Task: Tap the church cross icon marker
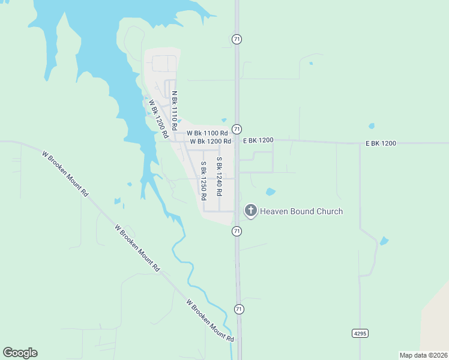pos(250,211)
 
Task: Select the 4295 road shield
pos(360,332)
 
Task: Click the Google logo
pos(20,353)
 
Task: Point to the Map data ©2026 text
pos(423,355)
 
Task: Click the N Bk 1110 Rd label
pos(175,111)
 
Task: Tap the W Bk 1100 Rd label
pos(207,133)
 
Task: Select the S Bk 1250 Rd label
pos(204,180)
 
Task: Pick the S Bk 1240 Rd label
pos(220,177)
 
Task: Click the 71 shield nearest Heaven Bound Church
pos(237,231)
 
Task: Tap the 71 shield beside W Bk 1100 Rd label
pos(237,129)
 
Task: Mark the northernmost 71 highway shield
pos(237,39)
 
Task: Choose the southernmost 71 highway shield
pos(239,309)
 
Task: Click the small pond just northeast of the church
pos(270,192)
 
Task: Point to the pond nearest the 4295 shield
pos(384,241)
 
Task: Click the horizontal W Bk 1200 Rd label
pos(210,142)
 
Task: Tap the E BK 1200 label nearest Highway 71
pos(258,140)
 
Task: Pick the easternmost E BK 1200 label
pos(381,143)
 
